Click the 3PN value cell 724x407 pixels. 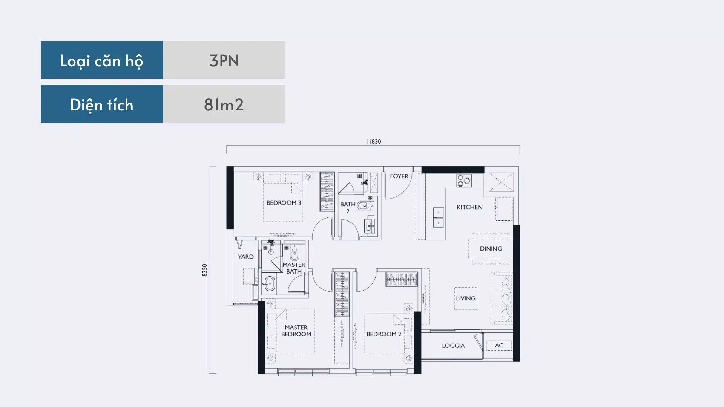coord(224,60)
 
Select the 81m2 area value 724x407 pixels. coord(224,104)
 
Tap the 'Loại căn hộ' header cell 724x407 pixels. coord(102,60)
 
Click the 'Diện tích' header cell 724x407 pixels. coord(102,104)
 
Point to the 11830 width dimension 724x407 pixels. coord(373,142)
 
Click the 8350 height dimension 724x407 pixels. coord(204,270)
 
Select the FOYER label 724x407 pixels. coord(399,176)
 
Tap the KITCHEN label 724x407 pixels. coord(469,207)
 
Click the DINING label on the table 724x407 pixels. coord(491,249)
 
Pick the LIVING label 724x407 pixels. coord(466,298)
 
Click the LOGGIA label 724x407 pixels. coord(453,346)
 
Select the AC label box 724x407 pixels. coord(499,346)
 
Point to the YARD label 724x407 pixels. coord(246,257)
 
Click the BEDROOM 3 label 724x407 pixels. coord(284,203)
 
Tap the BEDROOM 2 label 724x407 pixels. coord(384,334)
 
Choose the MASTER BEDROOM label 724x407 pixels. coord(296,331)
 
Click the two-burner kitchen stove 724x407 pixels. coord(464,181)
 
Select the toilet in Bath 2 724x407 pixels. coord(364,206)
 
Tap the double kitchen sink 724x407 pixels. coord(438,218)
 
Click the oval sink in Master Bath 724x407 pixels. coord(269,284)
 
